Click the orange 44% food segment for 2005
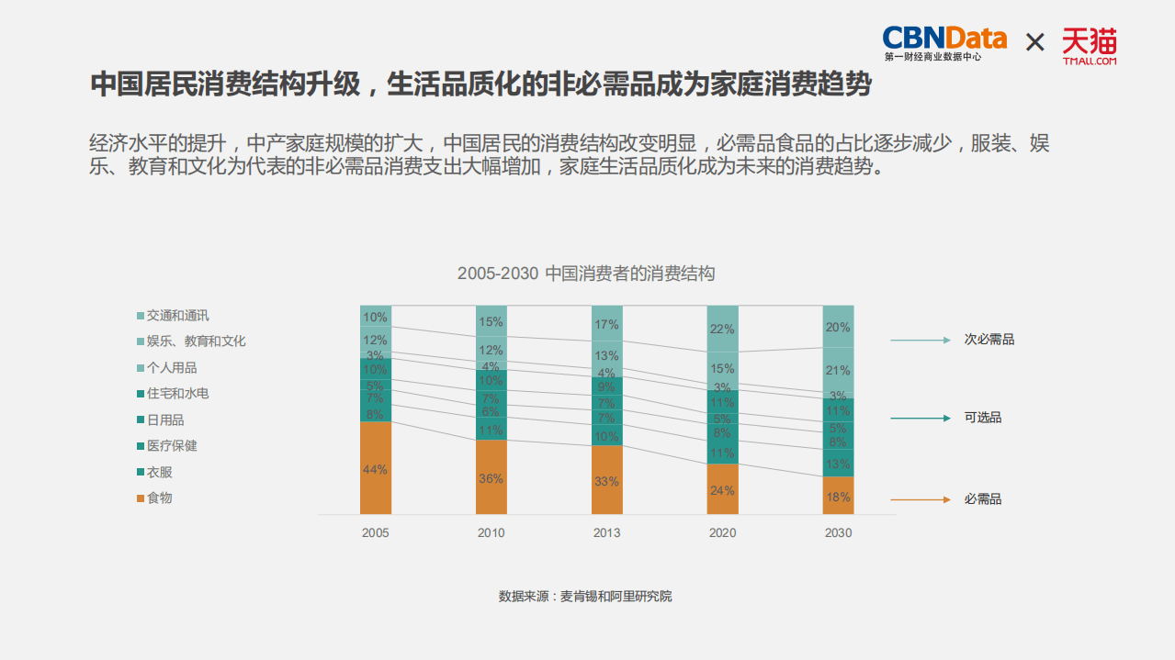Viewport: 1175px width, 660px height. (376, 468)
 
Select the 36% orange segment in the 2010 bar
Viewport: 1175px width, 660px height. (491, 477)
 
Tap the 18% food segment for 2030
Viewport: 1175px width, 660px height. (838, 496)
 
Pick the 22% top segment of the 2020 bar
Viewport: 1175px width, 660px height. (722, 329)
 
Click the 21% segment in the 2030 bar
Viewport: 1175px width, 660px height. (838, 370)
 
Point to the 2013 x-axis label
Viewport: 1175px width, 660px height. (606, 532)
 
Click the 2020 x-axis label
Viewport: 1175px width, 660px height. (722, 532)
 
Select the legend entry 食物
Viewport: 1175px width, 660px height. (159, 498)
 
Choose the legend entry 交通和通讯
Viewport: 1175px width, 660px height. (177, 316)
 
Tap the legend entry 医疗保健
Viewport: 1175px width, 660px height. (172, 446)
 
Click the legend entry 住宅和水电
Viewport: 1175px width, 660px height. (177, 394)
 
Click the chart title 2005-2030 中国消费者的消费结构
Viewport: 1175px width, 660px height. (586, 274)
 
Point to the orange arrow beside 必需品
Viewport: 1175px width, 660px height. (920, 499)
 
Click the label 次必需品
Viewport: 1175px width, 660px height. (989, 340)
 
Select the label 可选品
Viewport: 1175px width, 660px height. (982, 418)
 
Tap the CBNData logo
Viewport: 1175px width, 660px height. (943, 42)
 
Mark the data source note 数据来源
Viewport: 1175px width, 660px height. (585, 596)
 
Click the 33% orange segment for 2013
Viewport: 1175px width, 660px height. (607, 480)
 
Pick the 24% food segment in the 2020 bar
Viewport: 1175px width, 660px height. (722, 489)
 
